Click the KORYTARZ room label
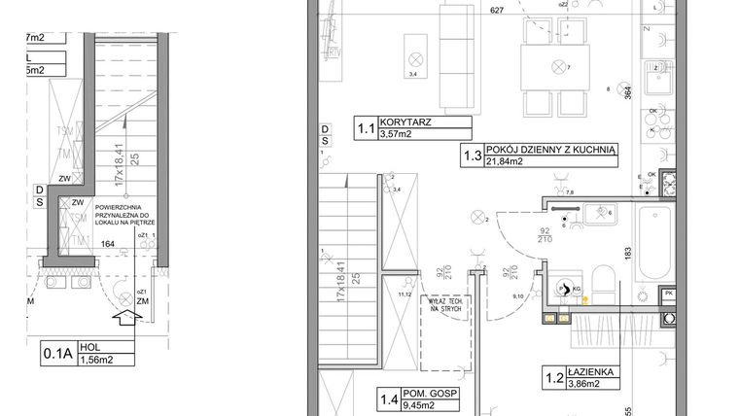click(407, 124)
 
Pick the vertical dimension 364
click(628, 94)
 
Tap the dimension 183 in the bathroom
click(628, 254)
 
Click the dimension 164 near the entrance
click(109, 245)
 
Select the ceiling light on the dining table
click(558, 67)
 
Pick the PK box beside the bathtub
click(668, 293)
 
